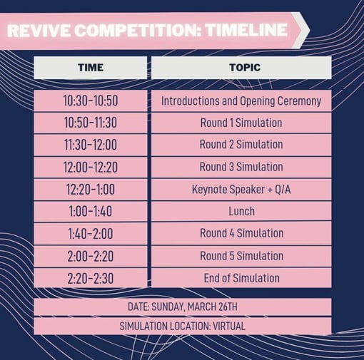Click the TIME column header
(x=90, y=68)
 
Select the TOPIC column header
(x=241, y=68)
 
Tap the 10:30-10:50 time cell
(x=90, y=101)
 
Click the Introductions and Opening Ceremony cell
(x=241, y=101)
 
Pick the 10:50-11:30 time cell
(x=90, y=123)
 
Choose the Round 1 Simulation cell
(x=241, y=123)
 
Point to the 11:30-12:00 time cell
(x=90, y=145)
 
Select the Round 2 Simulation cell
(x=241, y=145)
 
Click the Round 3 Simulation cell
(x=241, y=167)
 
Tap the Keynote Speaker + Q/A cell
(x=241, y=189)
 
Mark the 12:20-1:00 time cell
(x=90, y=189)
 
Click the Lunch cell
(x=241, y=211)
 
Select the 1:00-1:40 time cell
(x=90, y=211)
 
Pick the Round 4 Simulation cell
(x=241, y=233)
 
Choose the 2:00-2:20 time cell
(x=90, y=255)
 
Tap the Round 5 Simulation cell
(x=241, y=255)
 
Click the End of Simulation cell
(x=241, y=277)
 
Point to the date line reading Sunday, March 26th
(x=183, y=307)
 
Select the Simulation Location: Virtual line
(x=183, y=326)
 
